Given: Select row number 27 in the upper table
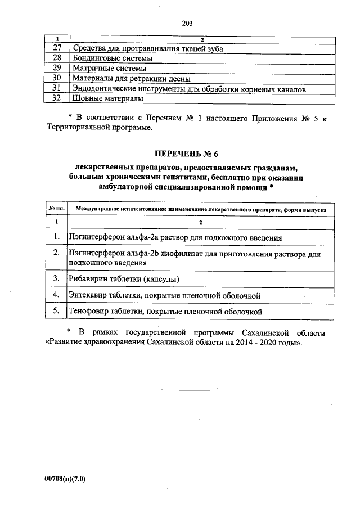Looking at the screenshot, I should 56,48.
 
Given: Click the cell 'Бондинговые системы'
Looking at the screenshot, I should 105,58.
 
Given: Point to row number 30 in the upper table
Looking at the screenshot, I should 56,78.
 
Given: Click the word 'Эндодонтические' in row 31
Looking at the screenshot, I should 106,88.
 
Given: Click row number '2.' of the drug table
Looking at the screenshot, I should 57,254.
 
